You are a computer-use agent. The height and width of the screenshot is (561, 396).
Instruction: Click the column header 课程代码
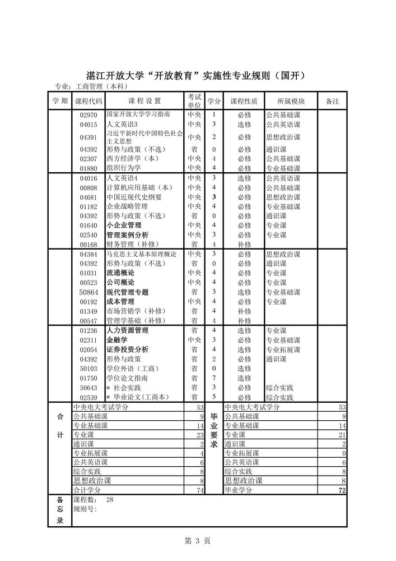[x=88, y=101]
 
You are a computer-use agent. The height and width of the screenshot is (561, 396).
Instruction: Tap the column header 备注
[x=332, y=101]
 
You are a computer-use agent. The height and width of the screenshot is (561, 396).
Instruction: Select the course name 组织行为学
[x=124, y=168]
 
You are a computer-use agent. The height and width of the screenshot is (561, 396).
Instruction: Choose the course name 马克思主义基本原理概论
[x=141, y=254]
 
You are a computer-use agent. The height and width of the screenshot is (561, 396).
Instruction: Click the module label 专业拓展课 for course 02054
[x=283, y=350]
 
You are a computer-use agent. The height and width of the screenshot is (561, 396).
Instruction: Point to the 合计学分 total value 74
[x=199, y=490]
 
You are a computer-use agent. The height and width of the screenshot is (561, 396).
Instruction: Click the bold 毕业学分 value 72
[x=342, y=490]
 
